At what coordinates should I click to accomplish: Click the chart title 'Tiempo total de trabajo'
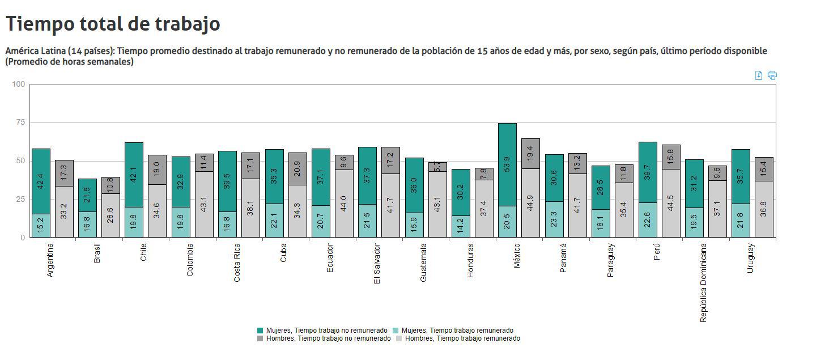(x=113, y=24)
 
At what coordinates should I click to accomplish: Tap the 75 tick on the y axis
(x=19, y=122)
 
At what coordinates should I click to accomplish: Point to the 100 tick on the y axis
(x=18, y=84)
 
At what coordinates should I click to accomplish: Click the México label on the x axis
(x=516, y=256)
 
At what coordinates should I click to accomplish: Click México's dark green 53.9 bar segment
(x=507, y=164)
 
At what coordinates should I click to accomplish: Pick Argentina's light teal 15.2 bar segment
(x=41, y=226)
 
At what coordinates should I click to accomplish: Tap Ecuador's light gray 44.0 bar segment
(x=344, y=204)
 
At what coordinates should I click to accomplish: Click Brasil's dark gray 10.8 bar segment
(x=110, y=185)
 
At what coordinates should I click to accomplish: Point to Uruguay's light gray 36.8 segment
(x=764, y=209)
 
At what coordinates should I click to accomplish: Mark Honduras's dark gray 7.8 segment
(x=484, y=174)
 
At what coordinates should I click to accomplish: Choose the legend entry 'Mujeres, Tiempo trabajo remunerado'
(x=456, y=331)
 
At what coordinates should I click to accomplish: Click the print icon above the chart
(x=772, y=75)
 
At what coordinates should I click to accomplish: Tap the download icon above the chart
(x=759, y=75)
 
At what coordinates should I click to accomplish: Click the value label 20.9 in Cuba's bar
(x=297, y=168)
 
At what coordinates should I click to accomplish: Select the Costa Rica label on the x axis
(x=237, y=263)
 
